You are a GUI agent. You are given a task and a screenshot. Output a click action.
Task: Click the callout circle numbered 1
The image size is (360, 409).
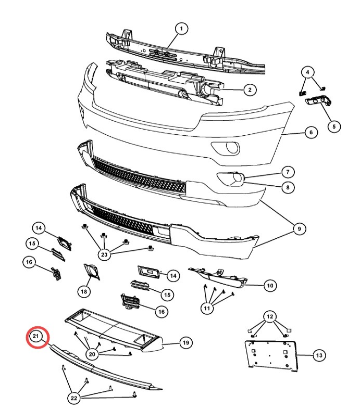click(x=181, y=29)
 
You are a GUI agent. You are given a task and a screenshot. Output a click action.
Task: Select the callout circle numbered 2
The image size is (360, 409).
click(x=250, y=90)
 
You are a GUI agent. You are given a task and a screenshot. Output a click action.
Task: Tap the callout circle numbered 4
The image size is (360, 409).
click(x=307, y=72)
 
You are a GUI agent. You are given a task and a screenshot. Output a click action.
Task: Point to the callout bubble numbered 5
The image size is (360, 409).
click(x=334, y=127)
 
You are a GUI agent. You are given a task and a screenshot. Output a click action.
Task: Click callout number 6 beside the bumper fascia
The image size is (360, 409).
click(x=311, y=132)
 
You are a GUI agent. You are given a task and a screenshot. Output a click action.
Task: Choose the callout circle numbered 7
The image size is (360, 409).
click(x=288, y=172)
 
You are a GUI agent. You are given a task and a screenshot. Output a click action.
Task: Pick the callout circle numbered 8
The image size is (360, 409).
click(x=288, y=187)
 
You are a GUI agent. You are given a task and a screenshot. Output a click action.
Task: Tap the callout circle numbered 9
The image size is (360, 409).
click(x=299, y=229)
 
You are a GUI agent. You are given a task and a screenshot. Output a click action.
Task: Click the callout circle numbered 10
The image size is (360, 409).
click(x=270, y=286)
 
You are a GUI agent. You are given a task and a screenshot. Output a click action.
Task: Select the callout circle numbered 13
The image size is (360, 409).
click(x=319, y=355)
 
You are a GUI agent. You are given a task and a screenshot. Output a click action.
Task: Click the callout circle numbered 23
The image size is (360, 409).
click(x=104, y=254)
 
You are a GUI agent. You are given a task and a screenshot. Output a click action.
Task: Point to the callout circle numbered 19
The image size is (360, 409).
click(x=186, y=342)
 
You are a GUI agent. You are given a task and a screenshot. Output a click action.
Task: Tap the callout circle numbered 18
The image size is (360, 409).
click(x=84, y=291)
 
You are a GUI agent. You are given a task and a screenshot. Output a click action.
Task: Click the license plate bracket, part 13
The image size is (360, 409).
click(x=271, y=355)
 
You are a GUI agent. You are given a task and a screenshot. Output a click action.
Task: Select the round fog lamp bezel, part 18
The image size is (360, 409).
click(x=92, y=272)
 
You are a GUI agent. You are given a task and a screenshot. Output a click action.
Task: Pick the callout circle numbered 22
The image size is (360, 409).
click(x=74, y=398)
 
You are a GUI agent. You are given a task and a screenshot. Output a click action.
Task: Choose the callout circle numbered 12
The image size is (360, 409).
click(x=270, y=317)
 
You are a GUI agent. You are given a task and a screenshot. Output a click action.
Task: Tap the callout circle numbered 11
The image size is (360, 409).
click(x=207, y=309)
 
